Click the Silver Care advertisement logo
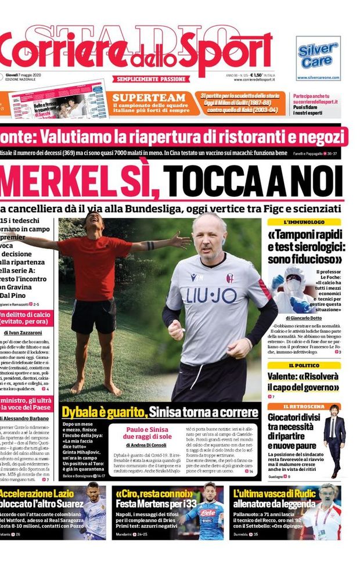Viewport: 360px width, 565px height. tap(318, 56)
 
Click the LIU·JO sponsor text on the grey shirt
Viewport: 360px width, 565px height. tap(212, 296)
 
